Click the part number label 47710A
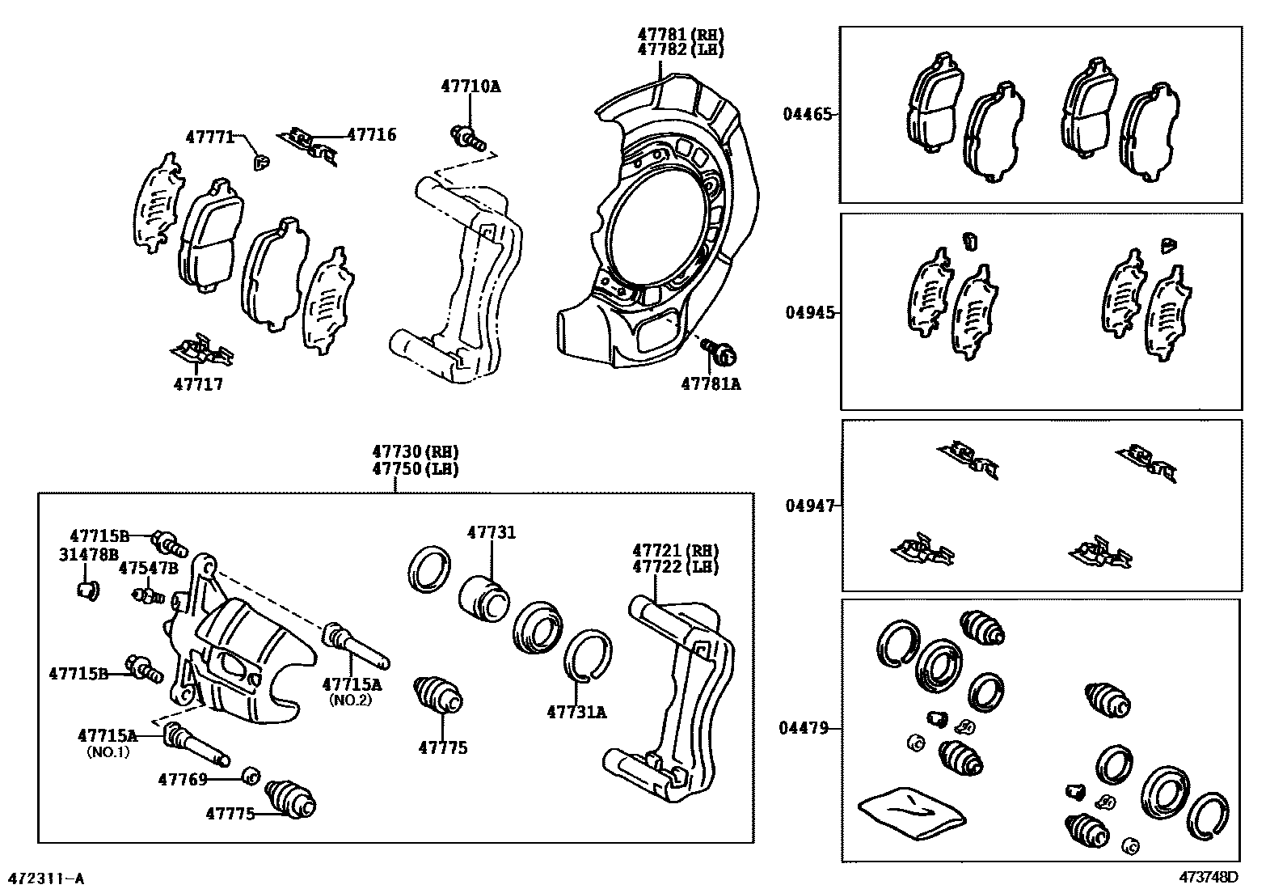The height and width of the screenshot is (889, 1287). [x=470, y=86]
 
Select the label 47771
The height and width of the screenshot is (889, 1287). [x=210, y=137]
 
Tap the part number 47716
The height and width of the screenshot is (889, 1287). [x=372, y=135]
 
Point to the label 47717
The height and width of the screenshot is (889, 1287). [x=198, y=384]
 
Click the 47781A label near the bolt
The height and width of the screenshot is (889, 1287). [x=711, y=384]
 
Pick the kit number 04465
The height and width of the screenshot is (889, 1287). [x=806, y=114]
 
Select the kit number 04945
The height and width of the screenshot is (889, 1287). [x=809, y=312]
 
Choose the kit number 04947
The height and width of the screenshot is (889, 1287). [x=809, y=506]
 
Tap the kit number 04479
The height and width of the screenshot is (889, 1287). [x=804, y=728]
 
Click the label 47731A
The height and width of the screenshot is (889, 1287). [x=576, y=712]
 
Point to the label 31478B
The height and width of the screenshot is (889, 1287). [x=89, y=554]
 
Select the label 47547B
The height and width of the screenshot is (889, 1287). [x=148, y=568]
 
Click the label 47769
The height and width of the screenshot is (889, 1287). [x=183, y=779]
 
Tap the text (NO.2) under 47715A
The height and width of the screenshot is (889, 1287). [x=350, y=700]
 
